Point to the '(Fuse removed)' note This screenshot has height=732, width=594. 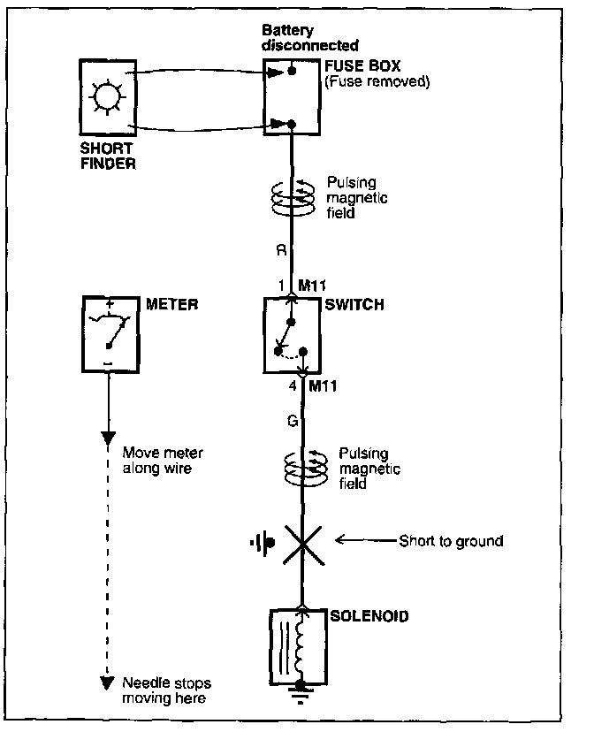tap(377, 82)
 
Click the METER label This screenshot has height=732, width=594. tap(171, 305)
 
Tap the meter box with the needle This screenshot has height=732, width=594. tap(109, 334)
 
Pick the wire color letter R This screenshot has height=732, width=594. tap(280, 251)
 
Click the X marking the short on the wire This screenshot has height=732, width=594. tap(302, 540)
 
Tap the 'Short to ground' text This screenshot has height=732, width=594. tap(451, 540)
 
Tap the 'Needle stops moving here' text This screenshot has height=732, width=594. tap(166, 690)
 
